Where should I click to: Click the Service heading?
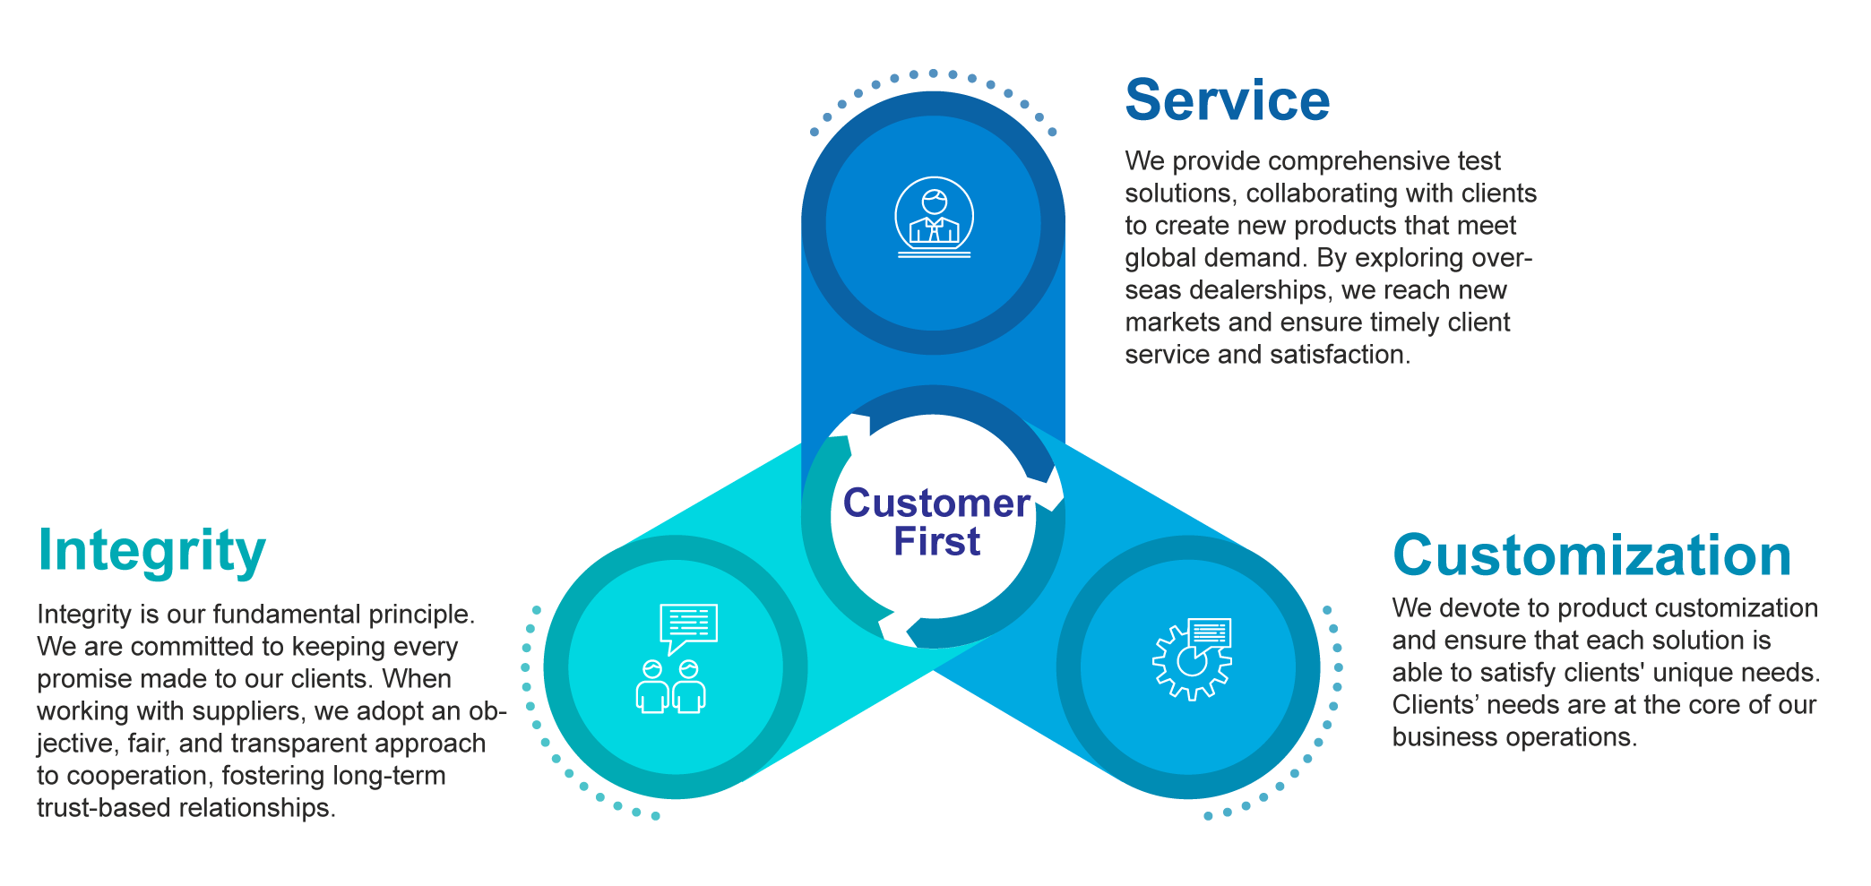pos(1227,100)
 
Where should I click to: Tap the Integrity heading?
pos(151,551)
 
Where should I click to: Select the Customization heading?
pos(1591,555)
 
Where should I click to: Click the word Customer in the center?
pos(936,503)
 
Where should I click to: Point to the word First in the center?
pos(936,542)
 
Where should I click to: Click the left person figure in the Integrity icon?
pos(652,688)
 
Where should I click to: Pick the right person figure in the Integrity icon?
pos(689,688)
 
